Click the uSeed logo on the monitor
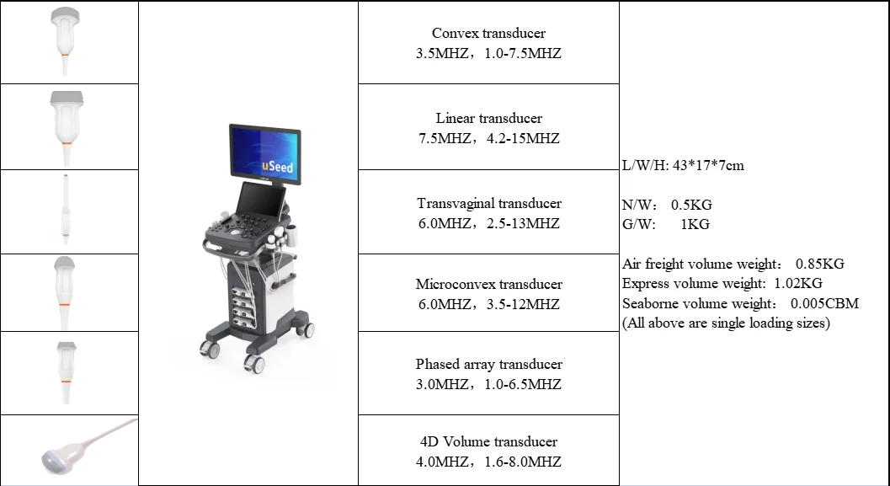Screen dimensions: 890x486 click(278, 166)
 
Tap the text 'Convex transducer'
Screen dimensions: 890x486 click(488, 34)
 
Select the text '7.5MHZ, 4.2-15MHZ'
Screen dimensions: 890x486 click(488, 138)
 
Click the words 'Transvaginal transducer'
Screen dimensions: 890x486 click(488, 203)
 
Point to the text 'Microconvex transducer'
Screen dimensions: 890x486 click(488, 284)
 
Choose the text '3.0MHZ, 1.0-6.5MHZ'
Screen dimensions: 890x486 click(488, 384)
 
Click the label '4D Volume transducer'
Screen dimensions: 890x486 click(488, 441)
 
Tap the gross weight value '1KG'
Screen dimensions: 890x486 click(694, 224)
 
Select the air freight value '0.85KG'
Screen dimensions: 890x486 click(819, 264)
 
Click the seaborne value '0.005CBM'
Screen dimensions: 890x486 click(825, 303)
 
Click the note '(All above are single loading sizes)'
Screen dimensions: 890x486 click(726, 323)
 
